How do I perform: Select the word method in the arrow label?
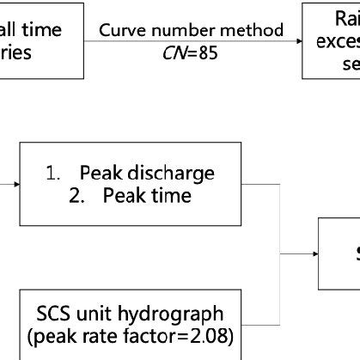coord(253,30)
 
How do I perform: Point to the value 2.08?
coord(213,336)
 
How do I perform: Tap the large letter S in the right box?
coord(354,253)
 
